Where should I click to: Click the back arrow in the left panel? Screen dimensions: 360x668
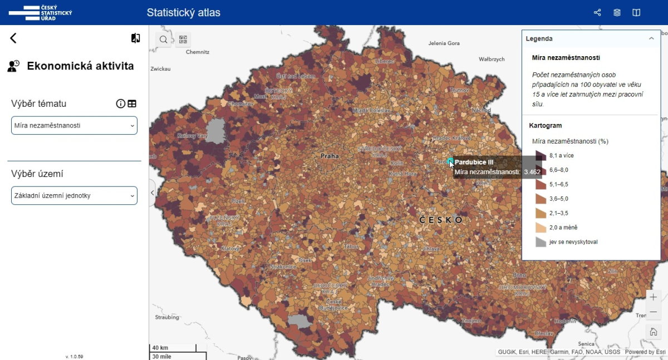(13, 38)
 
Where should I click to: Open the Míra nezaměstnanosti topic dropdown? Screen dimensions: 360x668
(74, 126)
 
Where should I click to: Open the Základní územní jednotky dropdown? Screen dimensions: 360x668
(74, 195)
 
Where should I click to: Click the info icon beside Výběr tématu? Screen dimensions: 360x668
(120, 103)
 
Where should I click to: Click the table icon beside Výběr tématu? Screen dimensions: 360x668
(132, 103)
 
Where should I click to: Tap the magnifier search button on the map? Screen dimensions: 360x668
(164, 40)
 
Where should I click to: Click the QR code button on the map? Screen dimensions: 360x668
(183, 40)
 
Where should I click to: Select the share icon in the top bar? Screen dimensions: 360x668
(597, 12)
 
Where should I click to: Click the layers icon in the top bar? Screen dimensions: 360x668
(617, 12)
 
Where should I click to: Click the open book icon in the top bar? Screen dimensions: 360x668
(636, 12)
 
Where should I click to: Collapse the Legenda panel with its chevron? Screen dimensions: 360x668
(651, 39)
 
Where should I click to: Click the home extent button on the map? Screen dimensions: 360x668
(654, 332)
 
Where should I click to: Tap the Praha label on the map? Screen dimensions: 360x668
(330, 156)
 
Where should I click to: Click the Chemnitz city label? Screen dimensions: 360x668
(197, 52)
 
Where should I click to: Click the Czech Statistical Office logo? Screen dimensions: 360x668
(41, 12)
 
